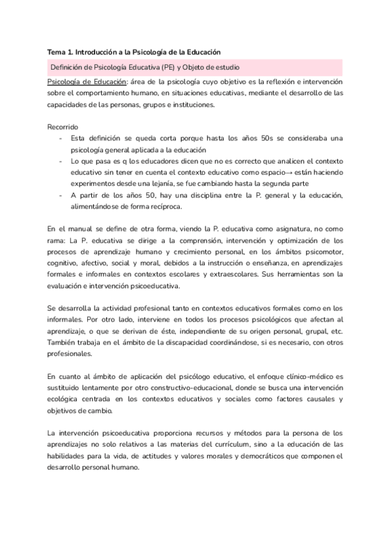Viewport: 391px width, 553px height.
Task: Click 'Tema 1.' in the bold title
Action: [x=62, y=52]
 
